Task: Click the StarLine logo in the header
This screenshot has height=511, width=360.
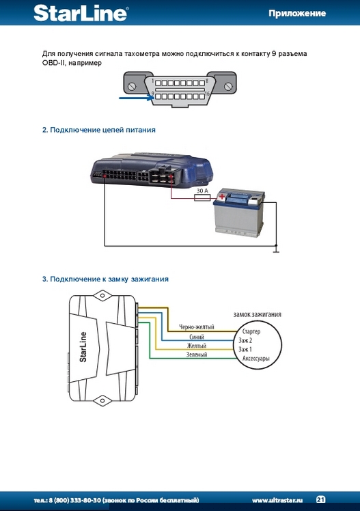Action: pos(81,14)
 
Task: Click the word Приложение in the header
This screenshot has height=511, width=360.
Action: pos(297,14)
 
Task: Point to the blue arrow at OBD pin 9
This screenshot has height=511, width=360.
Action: pos(136,98)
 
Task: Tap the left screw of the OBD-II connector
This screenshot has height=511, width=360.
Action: pos(132,86)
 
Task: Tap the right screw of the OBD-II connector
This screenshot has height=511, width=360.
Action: pos(228,86)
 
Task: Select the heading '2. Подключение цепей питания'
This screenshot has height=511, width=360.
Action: pos(99,130)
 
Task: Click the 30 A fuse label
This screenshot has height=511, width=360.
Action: pos(202,191)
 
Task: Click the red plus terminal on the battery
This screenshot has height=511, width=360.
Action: pos(221,197)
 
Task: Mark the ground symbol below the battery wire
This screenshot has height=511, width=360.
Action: pos(276,250)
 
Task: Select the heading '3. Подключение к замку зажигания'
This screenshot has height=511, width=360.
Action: pos(105,279)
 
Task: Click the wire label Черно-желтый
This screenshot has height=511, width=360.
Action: pos(197,327)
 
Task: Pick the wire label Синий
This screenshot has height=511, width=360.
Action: pos(197,337)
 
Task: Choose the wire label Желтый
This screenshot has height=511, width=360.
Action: pos(197,346)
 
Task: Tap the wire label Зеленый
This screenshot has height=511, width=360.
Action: pos(197,355)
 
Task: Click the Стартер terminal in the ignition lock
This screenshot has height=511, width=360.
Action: pos(251,332)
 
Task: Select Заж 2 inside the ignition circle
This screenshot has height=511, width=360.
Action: pos(245,341)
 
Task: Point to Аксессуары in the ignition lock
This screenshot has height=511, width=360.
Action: pos(255,359)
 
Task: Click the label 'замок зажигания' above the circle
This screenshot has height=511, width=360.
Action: pos(258,314)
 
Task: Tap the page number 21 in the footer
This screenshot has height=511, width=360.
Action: pos(320,499)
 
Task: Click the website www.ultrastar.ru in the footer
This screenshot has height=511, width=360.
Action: pos(277,500)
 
